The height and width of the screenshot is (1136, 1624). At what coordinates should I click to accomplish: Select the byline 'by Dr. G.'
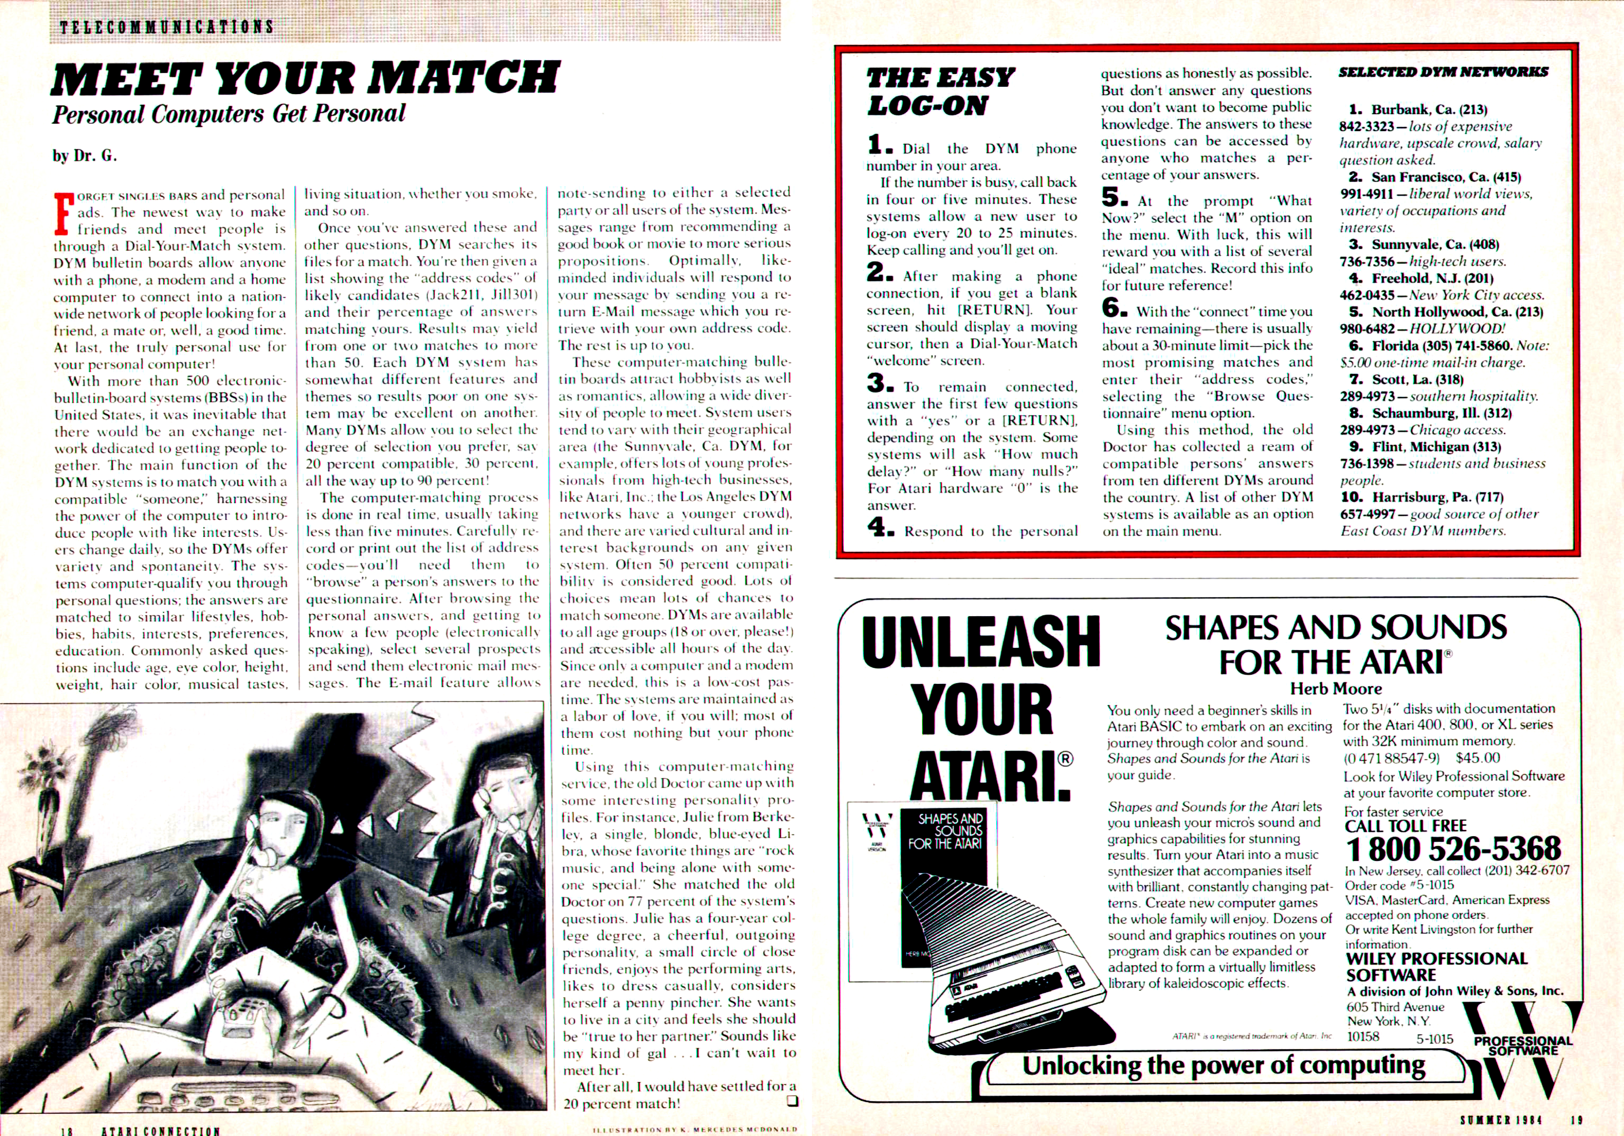click(84, 156)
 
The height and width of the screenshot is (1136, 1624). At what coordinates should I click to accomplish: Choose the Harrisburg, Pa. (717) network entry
click(1432, 497)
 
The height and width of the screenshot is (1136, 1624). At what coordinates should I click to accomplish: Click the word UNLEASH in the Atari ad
click(980, 642)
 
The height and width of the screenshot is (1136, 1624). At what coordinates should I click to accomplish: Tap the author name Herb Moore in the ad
click(1335, 688)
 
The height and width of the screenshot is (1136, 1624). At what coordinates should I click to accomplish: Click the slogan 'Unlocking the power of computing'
click(1224, 1065)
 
